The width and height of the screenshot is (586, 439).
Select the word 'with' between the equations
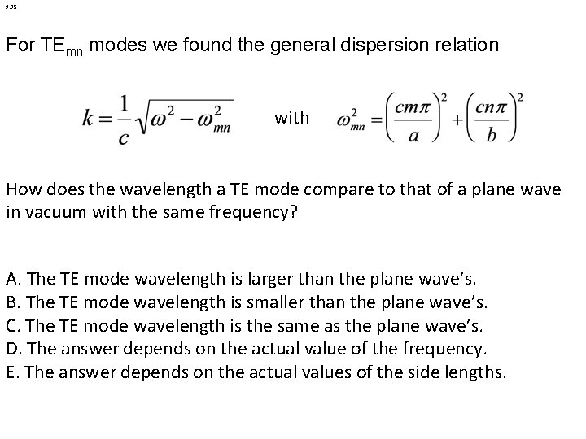click(x=291, y=119)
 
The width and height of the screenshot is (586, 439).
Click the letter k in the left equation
click(x=89, y=119)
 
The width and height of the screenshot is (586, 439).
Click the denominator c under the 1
click(x=123, y=137)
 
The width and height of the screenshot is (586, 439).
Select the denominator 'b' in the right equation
click(x=490, y=136)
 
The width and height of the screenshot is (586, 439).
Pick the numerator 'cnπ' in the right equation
click(x=490, y=106)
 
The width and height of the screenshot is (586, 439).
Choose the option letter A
click(x=13, y=280)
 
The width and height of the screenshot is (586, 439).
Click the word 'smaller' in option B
click(x=263, y=303)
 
